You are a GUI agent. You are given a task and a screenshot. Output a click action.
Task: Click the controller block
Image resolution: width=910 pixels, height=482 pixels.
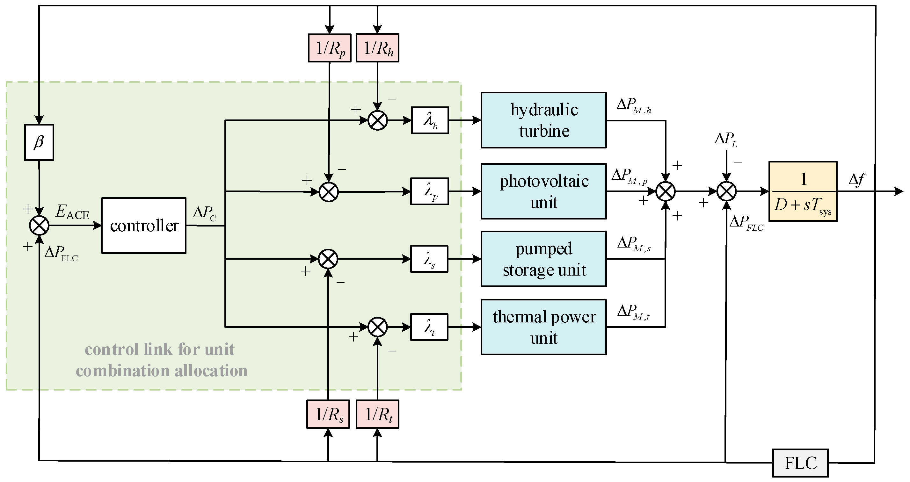[x=144, y=225]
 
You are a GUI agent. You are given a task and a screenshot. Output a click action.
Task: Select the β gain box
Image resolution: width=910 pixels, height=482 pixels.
[x=39, y=142]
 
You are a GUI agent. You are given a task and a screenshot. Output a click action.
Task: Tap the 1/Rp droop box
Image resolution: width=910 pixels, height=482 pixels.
[x=330, y=48]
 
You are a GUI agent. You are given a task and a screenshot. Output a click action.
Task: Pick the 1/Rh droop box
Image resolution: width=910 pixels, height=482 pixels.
[x=377, y=48]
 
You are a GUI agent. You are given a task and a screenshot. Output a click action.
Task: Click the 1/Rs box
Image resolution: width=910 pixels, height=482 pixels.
[x=328, y=414]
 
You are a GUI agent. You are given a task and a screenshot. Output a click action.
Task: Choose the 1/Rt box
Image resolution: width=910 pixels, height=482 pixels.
[x=377, y=414]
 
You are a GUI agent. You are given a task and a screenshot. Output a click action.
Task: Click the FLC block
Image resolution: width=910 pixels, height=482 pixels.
[x=800, y=463]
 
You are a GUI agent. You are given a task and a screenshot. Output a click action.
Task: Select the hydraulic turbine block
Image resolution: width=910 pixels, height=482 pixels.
[x=544, y=120]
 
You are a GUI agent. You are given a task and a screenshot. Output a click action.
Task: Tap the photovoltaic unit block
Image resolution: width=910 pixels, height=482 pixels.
[x=544, y=191]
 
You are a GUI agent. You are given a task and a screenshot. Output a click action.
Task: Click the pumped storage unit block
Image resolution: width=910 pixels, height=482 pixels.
[x=544, y=259]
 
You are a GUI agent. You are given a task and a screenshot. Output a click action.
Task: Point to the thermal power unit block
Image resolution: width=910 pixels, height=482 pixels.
[x=544, y=327]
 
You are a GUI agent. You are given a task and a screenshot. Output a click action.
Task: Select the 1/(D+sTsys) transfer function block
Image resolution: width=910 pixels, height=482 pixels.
[x=803, y=191]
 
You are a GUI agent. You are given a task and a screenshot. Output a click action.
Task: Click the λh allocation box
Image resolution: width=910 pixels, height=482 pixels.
[x=430, y=120]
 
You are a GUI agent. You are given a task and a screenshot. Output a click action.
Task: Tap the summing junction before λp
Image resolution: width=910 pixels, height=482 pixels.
[x=329, y=192]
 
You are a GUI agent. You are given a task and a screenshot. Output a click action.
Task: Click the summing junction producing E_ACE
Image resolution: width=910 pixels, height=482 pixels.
[x=39, y=225]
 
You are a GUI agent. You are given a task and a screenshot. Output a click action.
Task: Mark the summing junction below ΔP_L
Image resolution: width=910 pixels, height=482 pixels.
[x=727, y=191]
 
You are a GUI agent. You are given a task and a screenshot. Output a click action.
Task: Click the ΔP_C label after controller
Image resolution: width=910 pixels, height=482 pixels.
[x=205, y=213]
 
